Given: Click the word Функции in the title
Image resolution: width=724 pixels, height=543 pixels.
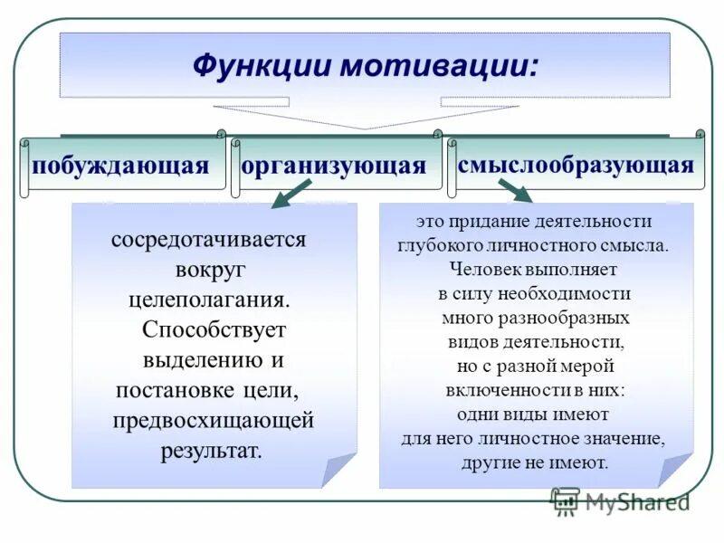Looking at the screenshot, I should point(256,67).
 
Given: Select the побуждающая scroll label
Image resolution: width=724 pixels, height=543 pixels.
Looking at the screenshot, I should point(121,165).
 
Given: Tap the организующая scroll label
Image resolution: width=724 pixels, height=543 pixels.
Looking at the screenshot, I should point(334,166).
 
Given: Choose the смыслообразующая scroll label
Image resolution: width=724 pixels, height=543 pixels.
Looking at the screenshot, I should point(576,164).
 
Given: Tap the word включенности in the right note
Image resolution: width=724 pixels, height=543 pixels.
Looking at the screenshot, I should point(500,390).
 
